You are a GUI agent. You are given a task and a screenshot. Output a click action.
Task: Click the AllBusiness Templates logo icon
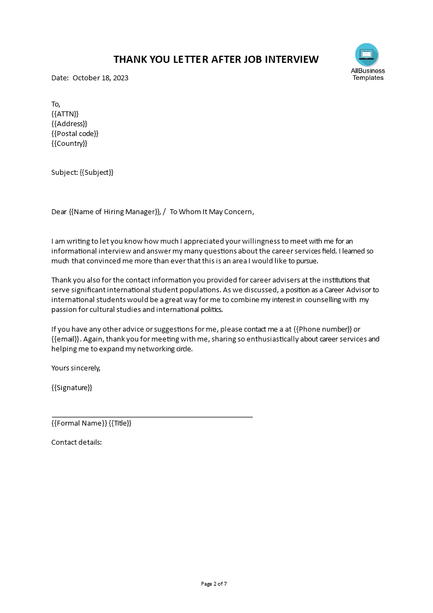(x=366, y=55)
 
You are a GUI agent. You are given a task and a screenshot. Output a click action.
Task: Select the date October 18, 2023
(x=100, y=78)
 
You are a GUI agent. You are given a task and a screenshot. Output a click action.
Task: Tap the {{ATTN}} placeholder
(x=65, y=114)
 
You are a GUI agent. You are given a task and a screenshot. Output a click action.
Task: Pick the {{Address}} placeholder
(x=69, y=123)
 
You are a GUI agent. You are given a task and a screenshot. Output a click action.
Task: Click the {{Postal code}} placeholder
(x=75, y=134)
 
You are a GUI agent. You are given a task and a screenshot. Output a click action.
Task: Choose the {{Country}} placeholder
(x=69, y=144)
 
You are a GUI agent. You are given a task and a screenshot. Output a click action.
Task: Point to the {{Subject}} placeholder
(x=97, y=173)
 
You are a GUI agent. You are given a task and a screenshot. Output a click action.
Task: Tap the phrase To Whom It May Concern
(x=211, y=212)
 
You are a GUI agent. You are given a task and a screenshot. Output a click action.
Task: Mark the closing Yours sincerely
(x=76, y=368)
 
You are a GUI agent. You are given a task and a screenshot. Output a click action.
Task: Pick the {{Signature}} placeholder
(x=72, y=388)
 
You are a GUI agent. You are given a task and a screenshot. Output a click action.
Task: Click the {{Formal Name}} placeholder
(x=79, y=423)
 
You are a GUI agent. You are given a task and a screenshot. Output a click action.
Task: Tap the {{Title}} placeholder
(x=120, y=423)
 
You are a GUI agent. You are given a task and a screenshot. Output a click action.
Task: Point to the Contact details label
(x=76, y=442)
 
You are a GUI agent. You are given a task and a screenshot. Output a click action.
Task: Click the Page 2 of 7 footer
(x=214, y=584)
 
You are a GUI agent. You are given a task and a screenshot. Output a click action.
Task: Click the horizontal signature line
(x=152, y=417)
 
